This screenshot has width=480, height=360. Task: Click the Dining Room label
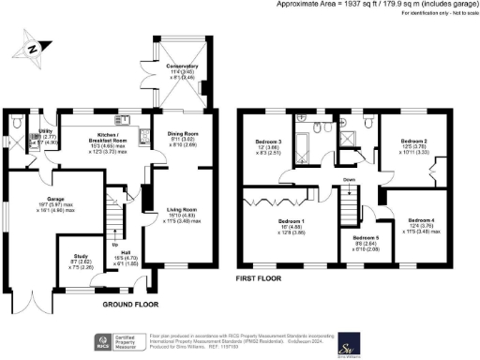182,139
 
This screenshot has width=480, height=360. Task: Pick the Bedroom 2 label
414,142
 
